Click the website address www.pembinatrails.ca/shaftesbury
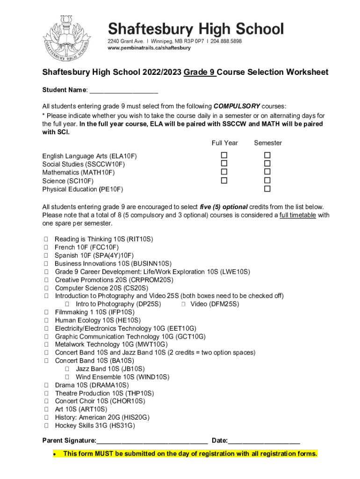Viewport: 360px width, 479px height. click(149, 48)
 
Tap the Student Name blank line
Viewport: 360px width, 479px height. click(123, 90)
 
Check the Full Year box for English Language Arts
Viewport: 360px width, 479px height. click(224, 155)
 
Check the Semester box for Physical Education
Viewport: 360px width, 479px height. click(267, 189)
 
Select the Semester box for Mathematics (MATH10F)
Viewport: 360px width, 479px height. click(267, 172)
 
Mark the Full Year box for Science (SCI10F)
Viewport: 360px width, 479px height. click(224, 181)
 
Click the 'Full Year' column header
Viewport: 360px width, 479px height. click(224, 143)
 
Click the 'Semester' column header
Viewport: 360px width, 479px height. click(267, 143)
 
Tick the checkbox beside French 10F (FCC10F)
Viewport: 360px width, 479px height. click(46, 247)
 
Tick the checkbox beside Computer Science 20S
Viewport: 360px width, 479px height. click(46, 288)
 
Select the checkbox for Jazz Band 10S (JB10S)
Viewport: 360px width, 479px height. click(67, 369)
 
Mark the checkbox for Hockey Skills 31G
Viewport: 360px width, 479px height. click(46, 426)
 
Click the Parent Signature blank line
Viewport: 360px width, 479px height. click(152, 441)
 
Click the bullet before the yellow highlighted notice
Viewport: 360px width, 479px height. click(55, 454)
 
